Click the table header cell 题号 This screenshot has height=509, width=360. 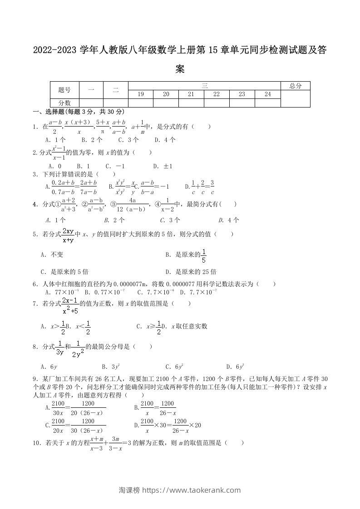tap(64, 90)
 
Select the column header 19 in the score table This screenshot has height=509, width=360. tap(141, 94)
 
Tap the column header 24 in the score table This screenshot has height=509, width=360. tap(267, 94)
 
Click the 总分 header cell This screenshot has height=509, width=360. tap(295, 86)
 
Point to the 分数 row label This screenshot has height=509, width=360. tap(64, 103)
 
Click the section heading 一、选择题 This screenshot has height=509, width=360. tap(49, 112)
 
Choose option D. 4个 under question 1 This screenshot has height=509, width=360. tap(165, 140)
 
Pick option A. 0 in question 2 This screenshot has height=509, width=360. tap(50, 166)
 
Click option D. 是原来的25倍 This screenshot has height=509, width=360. tap(191, 272)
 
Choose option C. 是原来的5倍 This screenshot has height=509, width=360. tap(64, 272)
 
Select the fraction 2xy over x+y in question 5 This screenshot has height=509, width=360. tap(69, 235)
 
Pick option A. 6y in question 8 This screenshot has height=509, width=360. tap(49, 367)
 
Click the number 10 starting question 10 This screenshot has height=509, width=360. tap(37, 443)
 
